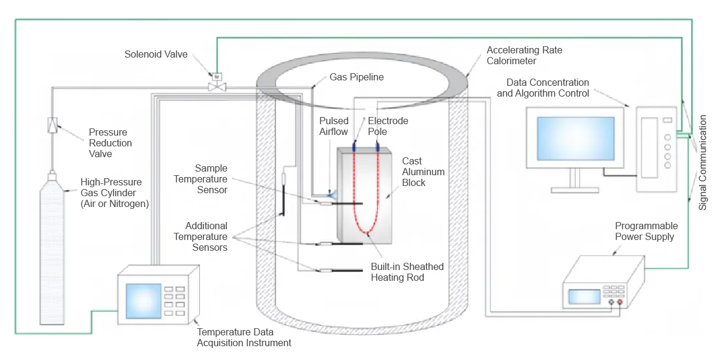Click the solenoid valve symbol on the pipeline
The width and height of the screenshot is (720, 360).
pyautogui.click(x=215, y=85)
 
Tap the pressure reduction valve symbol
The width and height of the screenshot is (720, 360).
pyautogui.click(x=52, y=125)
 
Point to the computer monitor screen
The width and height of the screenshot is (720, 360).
pyautogui.click(x=575, y=139)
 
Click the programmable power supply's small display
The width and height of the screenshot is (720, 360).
pyautogui.click(x=584, y=296)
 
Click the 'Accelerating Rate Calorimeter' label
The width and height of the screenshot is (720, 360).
pyautogui.click(x=524, y=55)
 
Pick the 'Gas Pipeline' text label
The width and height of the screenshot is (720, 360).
pyautogui.click(x=356, y=77)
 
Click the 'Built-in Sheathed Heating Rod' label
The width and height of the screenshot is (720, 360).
pyautogui.click(x=407, y=272)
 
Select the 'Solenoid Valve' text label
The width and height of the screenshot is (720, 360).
pyautogui.click(x=156, y=54)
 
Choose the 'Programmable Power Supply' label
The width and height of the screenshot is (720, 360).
pyautogui.click(x=646, y=231)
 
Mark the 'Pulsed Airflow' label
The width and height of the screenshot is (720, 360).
pyautogui.click(x=334, y=126)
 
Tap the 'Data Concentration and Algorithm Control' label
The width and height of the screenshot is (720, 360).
pyautogui.click(x=543, y=88)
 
